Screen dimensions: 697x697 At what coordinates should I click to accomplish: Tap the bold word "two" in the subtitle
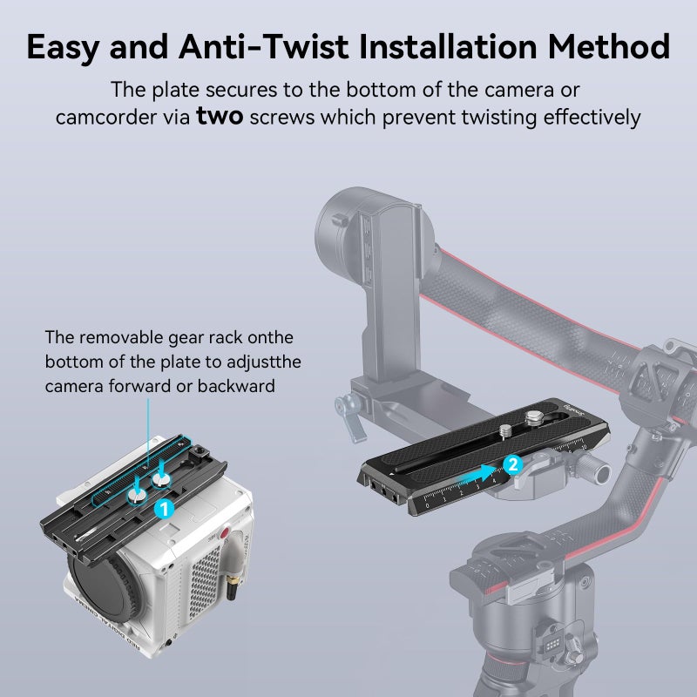coord(220,116)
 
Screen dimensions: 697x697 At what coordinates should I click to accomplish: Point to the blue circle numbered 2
coord(512,464)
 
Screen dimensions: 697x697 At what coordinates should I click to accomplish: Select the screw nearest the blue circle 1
coord(139,495)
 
